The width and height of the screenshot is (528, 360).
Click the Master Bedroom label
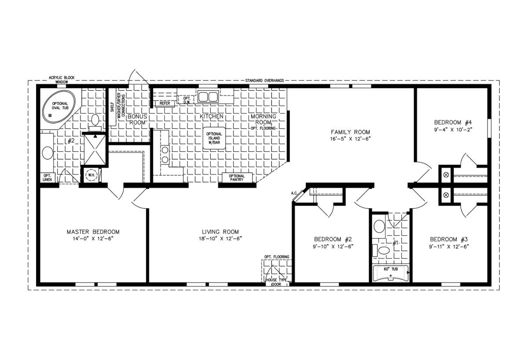point(93,232)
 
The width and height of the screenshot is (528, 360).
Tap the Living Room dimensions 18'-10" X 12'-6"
point(220,239)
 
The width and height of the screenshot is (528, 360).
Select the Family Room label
point(351,132)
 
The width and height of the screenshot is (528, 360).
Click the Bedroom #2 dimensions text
point(333,246)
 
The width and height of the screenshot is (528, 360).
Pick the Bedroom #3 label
point(449,239)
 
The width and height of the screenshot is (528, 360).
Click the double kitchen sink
point(208,96)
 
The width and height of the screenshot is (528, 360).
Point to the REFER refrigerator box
point(165,103)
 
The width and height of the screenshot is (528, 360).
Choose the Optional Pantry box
point(237,177)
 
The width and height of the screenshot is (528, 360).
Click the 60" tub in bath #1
point(390,273)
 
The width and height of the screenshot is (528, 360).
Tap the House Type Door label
point(276,282)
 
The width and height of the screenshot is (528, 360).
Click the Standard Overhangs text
point(264,81)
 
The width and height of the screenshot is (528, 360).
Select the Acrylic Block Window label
point(62,80)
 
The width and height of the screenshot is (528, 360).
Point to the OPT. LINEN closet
point(48,177)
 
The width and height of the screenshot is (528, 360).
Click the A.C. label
point(294,193)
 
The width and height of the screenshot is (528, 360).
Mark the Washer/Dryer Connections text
point(121,105)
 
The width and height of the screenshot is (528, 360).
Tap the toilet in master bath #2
point(95,122)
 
